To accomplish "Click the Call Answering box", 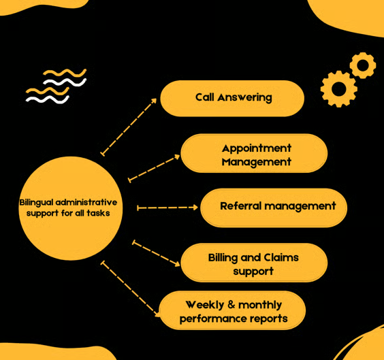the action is click(x=232, y=99).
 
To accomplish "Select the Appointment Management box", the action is click(x=254, y=153).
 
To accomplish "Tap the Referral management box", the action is click(x=274, y=208).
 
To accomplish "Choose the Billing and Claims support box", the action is click(x=254, y=263).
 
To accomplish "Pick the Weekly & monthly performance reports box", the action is click(x=232, y=310).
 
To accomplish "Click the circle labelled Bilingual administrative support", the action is click(x=71, y=208).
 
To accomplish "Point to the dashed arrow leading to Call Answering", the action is click(x=129, y=127).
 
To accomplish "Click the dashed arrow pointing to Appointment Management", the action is click(x=155, y=168).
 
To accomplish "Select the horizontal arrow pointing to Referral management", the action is click(x=167, y=208).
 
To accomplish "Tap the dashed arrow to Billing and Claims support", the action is click(x=156, y=254).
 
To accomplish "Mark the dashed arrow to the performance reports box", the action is click(x=131, y=289).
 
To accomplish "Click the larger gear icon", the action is click(x=338, y=89).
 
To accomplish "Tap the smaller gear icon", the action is click(x=363, y=65).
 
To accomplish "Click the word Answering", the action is click(x=244, y=97).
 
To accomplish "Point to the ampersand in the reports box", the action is click(x=231, y=305).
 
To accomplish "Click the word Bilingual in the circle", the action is click(x=36, y=203).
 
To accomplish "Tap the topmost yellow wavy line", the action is click(x=65, y=73).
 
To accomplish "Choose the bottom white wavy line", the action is click(x=48, y=99).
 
